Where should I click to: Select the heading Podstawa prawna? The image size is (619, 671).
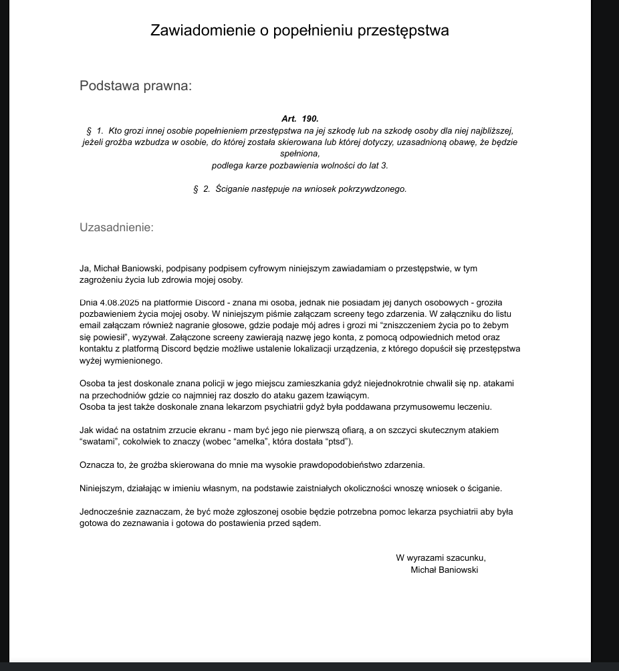click(x=136, y=86)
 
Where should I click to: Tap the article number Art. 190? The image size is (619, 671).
click(x=300, y=119)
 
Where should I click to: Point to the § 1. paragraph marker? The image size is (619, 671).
click(x=94, y=131)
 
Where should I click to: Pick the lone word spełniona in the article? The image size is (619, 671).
click(x=300, y=154)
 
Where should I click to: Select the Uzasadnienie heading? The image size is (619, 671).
click(x=116, y=227)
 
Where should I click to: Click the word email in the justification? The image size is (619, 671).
click(x=90, y=325)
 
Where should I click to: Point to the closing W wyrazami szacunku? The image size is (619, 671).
click(x=441, y=558)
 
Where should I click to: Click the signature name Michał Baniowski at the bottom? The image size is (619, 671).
click(x=444, y=570)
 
